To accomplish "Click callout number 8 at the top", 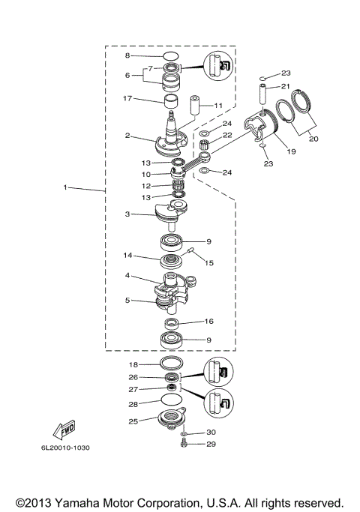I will tap(127, 55).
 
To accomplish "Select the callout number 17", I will tap(128, 97).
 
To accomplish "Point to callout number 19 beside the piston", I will tap(292, 151).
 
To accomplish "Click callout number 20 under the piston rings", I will tap(313, 139).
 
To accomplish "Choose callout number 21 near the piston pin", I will tap(286, 87).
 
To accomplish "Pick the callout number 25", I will tap(133, 422).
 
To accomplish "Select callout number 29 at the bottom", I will tap(211, 445).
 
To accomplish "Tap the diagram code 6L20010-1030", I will tap(61, 448).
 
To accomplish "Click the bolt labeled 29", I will tap(184, 445).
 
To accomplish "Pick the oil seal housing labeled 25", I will tap(170, 421).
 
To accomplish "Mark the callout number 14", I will tap(128, 255).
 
